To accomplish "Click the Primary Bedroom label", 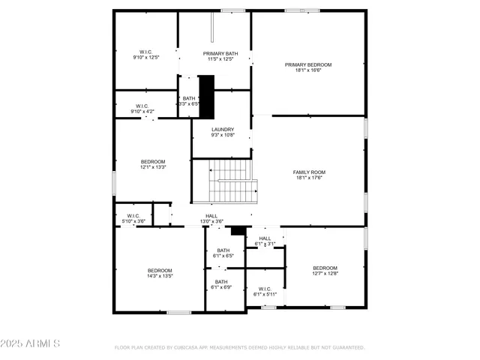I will coord(308,64).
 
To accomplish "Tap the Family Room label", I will coord(308,172).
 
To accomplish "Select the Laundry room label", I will coord(223,129).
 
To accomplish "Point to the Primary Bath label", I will coord(220,53).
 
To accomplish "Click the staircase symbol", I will coord(233,183).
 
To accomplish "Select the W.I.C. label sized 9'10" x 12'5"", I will coord(146,52).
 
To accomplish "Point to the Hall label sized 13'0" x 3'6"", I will coord(211,216).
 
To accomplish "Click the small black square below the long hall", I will coord(238,230).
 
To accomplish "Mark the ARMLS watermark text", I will coord(31,343).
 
